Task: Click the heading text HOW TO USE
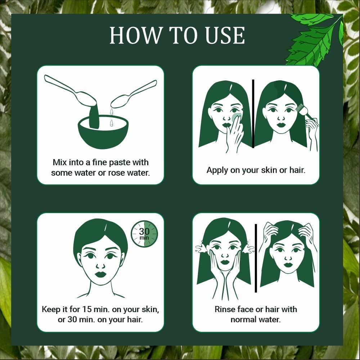click(177, 35)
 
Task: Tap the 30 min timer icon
click(144, 234)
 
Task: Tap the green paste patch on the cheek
click(236, 117)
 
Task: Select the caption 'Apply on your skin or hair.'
click(256, 170)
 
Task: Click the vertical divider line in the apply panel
click(253, 113)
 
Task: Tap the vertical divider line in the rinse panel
click(256, 258)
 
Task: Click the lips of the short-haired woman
click(100, 274)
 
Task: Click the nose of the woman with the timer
click(100, 265)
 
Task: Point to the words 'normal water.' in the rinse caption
click(256, 319)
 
